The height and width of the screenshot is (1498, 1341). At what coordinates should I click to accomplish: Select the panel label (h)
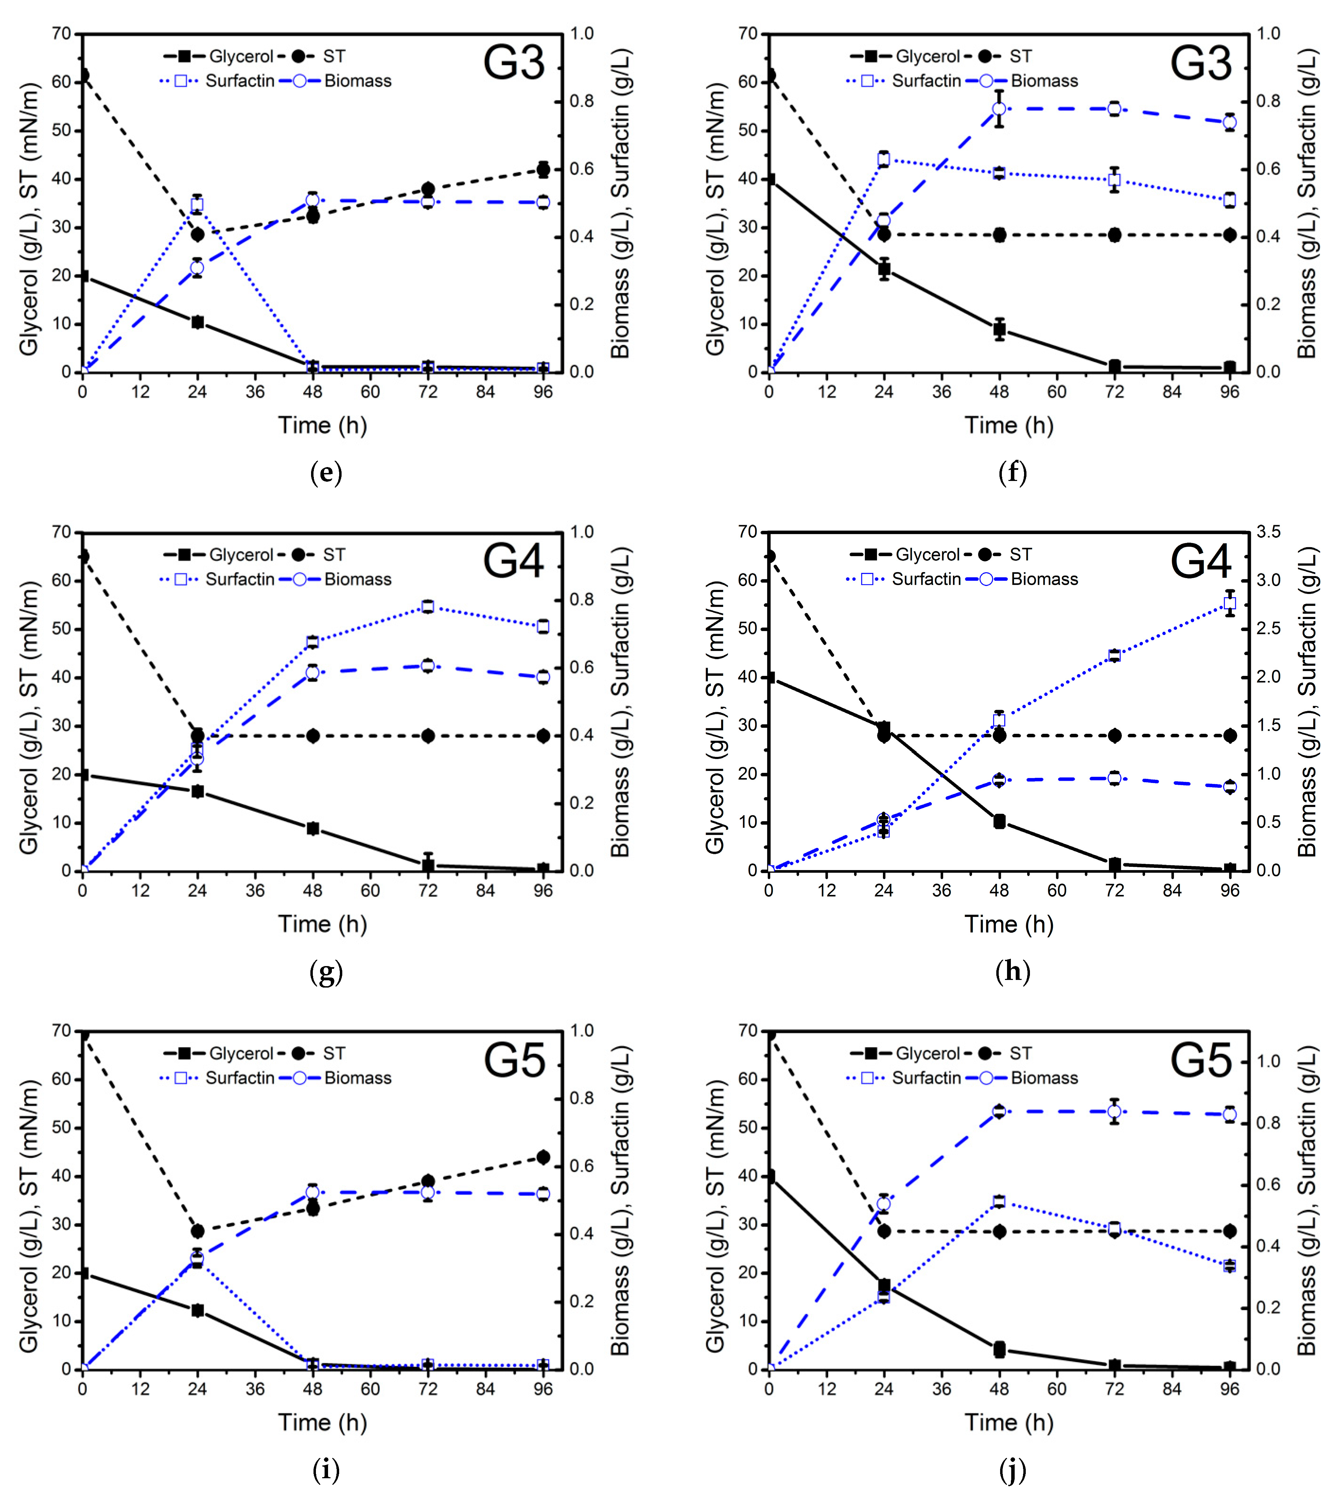[x=1012, y=971]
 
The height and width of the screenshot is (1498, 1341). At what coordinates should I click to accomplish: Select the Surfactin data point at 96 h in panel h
[x=1229, y=603]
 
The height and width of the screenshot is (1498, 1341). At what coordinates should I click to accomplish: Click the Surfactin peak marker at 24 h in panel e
[x=197, y=205]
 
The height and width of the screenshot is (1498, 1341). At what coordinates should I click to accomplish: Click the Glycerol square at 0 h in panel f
[x=770, y=179]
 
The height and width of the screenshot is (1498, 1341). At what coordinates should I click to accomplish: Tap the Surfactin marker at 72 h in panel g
[x=427, y=606]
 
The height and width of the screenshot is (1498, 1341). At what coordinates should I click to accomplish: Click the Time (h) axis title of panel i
[x=322, y=1422]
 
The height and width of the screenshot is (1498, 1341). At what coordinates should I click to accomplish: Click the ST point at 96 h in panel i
[x=543, y=1157]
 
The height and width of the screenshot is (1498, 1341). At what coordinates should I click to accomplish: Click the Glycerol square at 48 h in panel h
[x=999, y=821]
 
